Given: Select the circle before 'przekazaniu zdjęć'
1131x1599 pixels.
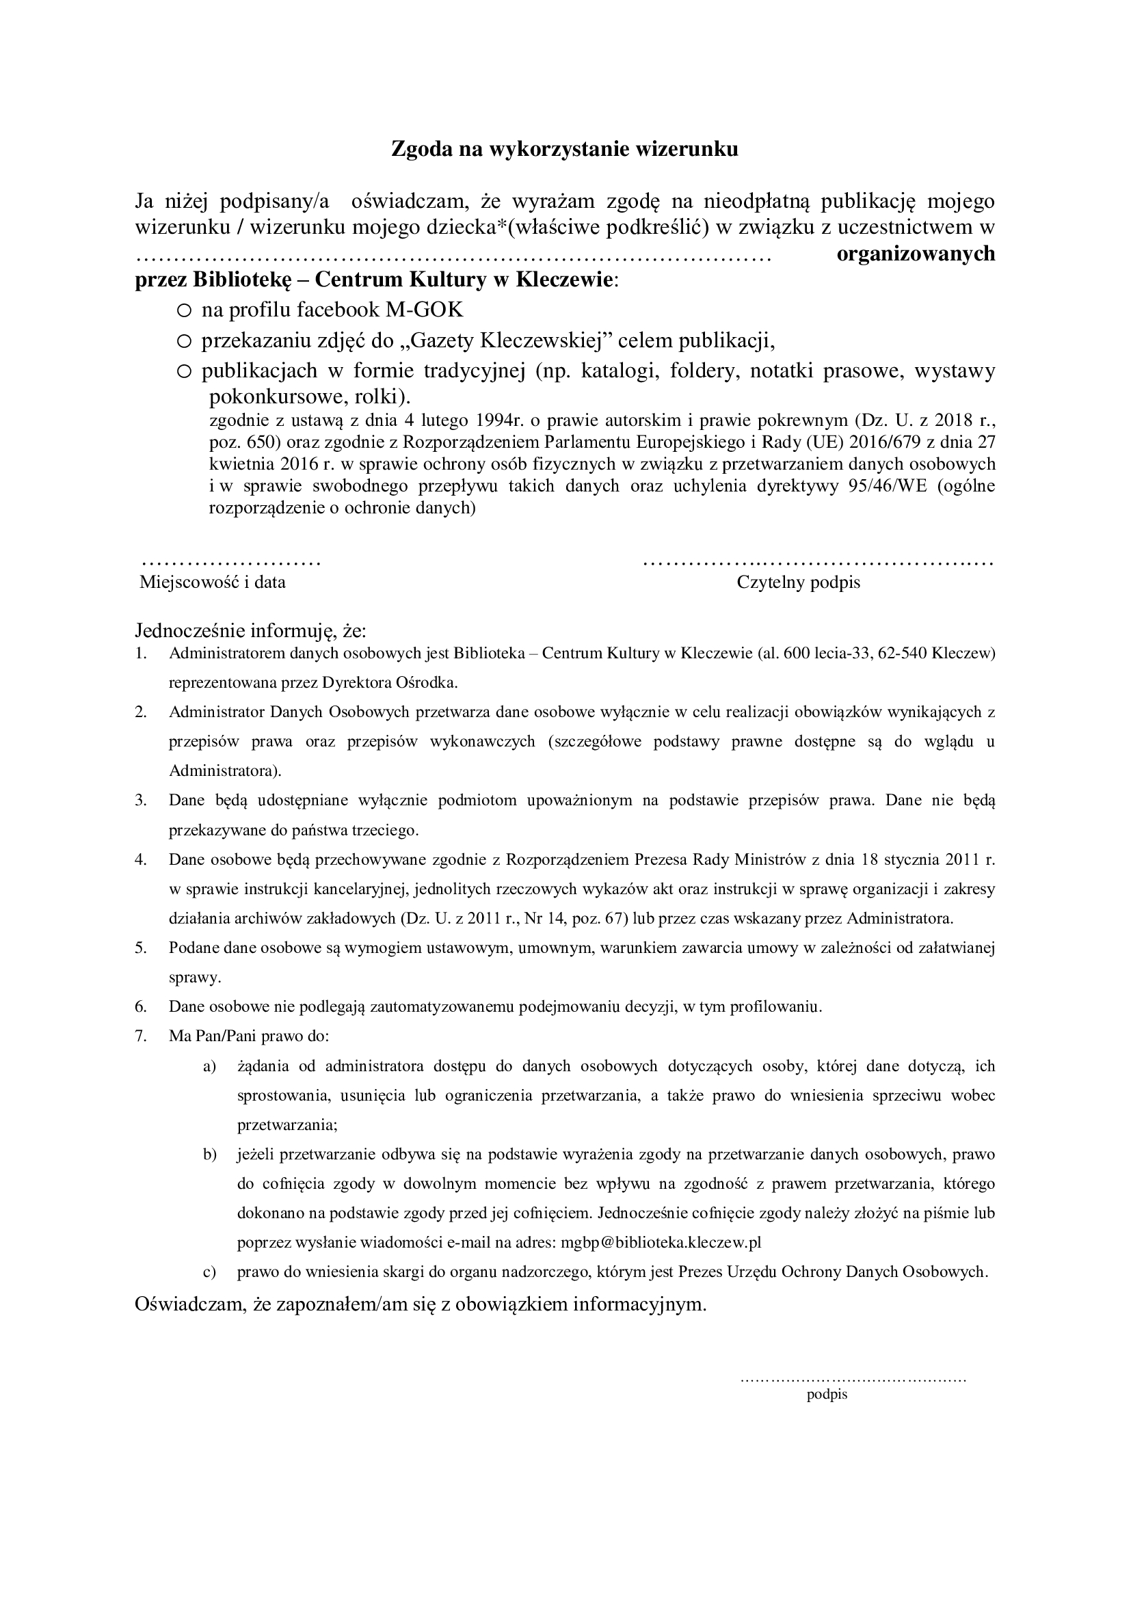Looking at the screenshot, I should pyautogui.click(x=184, y=341).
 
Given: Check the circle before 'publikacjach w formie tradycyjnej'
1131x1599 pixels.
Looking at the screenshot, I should pyautogui.click(x=184, y=373).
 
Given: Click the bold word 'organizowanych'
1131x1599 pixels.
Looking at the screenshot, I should pyautogui.click(x=915, y=254).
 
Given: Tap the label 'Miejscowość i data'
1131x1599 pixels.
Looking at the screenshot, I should pyautogui.click(x=213, y=582).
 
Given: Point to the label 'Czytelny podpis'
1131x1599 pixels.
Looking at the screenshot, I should pyautogui.click(x=798, y=582).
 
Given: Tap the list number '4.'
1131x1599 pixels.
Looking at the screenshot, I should pyautogui.click(x=141, y=859).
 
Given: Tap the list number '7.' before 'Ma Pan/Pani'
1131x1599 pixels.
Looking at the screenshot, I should pyautogui.click(x=141, y=1036).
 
